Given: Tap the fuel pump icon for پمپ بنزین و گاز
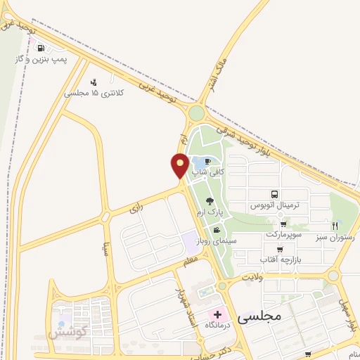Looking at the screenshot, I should pyautogui.click(x=41, y=49).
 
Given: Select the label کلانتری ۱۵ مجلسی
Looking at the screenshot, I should pyautogui.click(x=94, y=93).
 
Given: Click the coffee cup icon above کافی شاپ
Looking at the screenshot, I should pyautogui.click(x=207, y=161).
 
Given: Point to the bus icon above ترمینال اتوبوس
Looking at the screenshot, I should pyautogui.click(x=274, y=195).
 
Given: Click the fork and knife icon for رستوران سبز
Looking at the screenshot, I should pyautogui.click(x=335, y=226).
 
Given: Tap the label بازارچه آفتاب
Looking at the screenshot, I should pyautogui.click(x=280, y=260).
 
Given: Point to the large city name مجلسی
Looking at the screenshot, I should pyautogui.click(x=259, y=316).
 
